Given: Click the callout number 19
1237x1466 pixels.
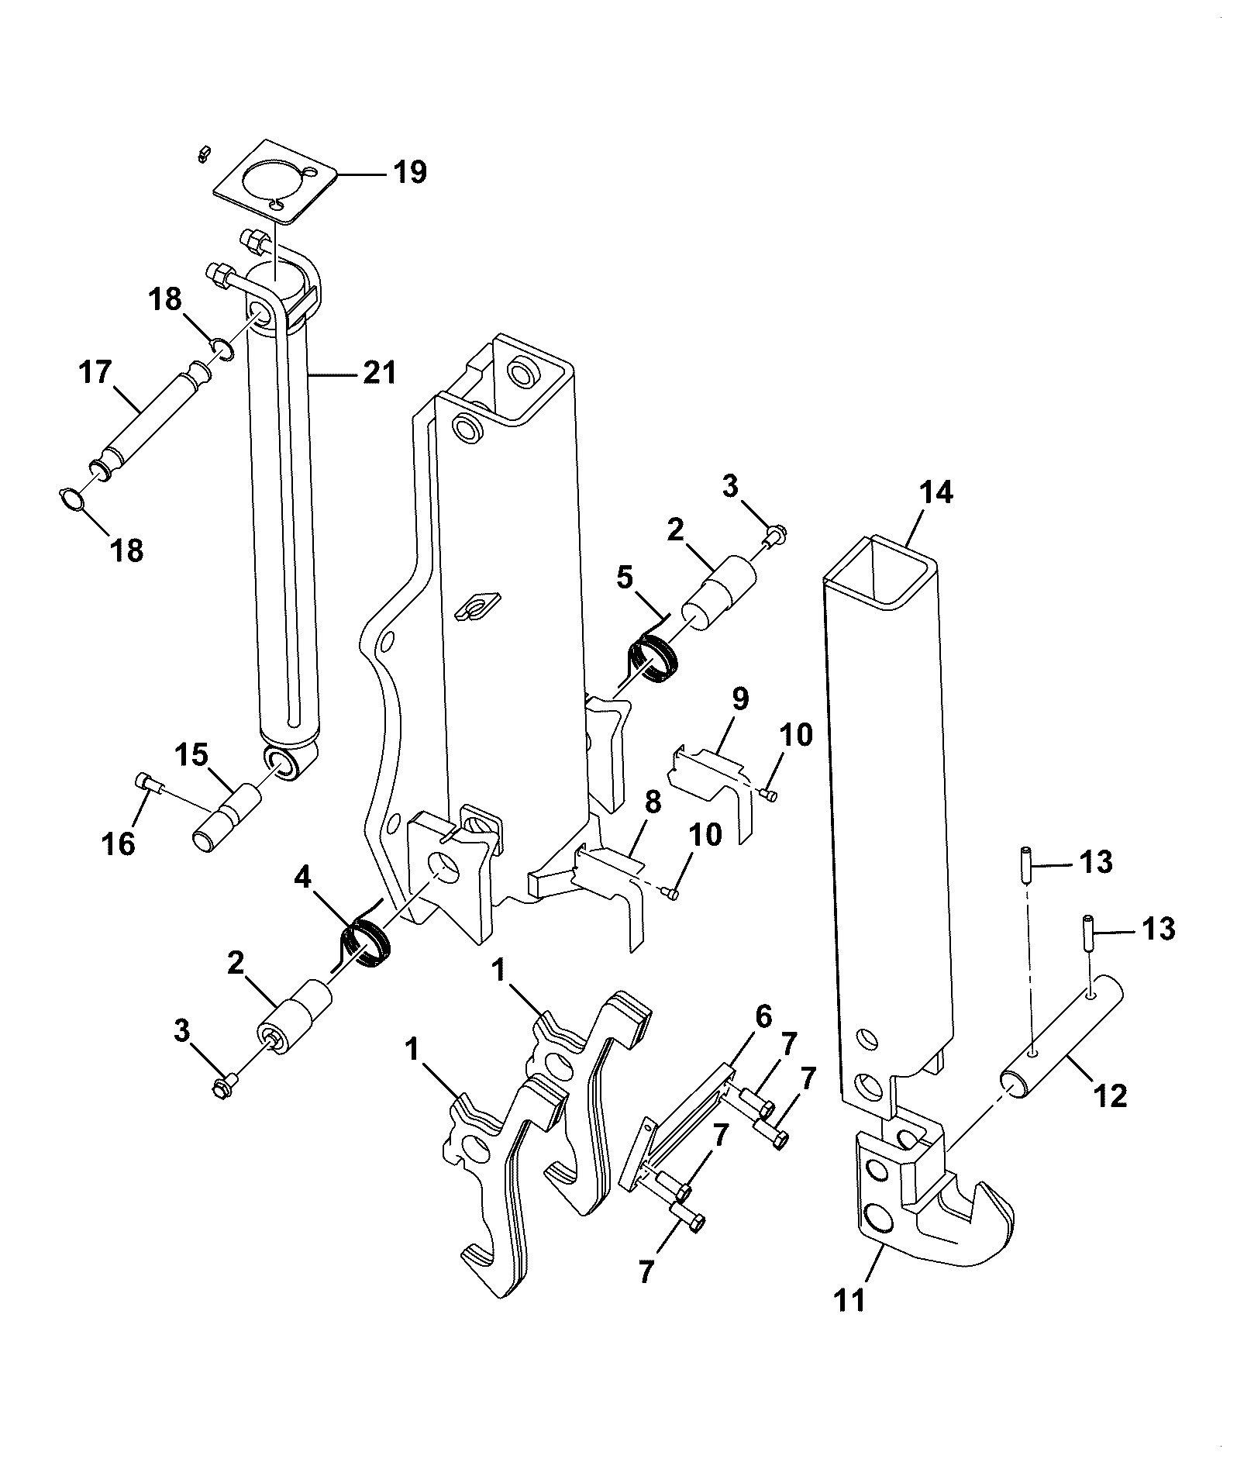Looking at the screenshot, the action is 410,171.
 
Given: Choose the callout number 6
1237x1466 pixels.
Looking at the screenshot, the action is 763,1016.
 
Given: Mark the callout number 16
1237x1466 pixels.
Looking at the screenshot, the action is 120,843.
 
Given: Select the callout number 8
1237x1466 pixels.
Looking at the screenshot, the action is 653,803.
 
